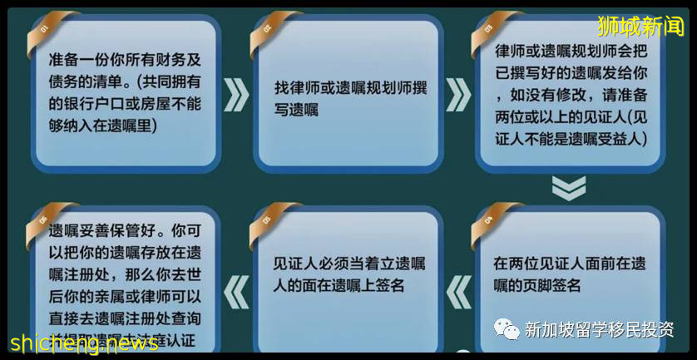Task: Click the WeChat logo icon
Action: (507, 328)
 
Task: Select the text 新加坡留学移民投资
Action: (599, 329)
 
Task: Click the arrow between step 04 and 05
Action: (457, 292)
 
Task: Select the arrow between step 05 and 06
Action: (236, 292)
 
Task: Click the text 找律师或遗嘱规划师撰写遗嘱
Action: (350, 97)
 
